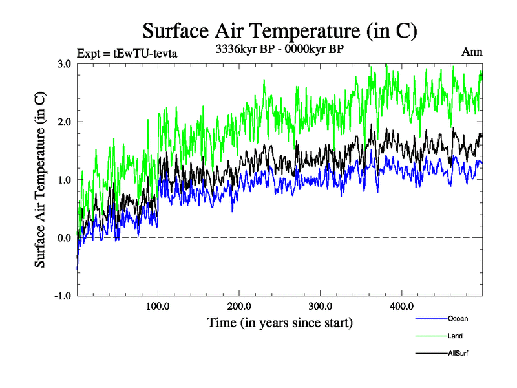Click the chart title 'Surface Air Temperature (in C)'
pyautogui.click(x=279, y=31)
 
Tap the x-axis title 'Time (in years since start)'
pyautogui.click(x=280, y=321)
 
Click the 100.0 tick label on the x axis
pyautogui.click(x=158, y=306)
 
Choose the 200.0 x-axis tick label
pyautogui.click(x=239, y=306)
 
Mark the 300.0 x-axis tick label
pyautogui.click(x=321, y=306)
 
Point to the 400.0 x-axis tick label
pyautogui.click(x=402, y=306)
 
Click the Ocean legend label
pyautogui.click(x=458, y=318)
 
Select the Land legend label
pyautogui.click(x=455, y=336)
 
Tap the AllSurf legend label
pyautogui.click(x=458, y=353)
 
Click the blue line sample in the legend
pyautogui.click(x=430, y=319)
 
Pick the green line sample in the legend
pyautogui.click(x=430, y=336)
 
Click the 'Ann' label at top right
pyautogui.click(x=472, y=52)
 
